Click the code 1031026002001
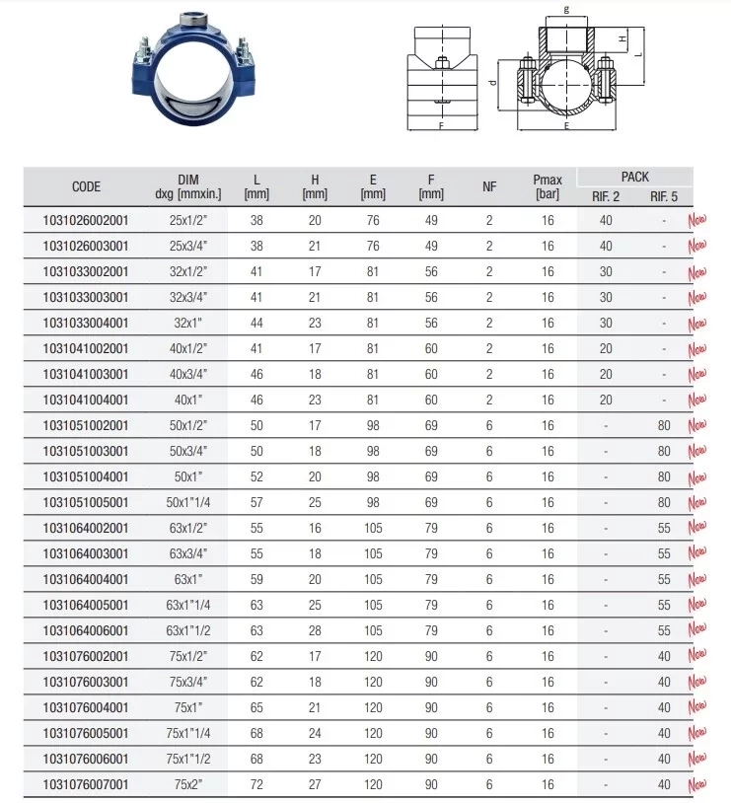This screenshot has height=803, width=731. click(x=86, y=221)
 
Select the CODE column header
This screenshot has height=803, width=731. click(x=86, y=186)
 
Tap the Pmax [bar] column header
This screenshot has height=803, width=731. click(x=548, y=186)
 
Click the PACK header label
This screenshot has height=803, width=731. click(x=634, y=178)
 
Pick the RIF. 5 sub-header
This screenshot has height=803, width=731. click(x=664, y=196)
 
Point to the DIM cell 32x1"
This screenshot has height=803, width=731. click(x=188, y=324)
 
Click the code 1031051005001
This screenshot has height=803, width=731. click(x=86, y=502)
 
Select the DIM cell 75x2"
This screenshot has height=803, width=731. click(x=188, y=784)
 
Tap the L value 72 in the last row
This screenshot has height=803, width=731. click(x=256, y=784)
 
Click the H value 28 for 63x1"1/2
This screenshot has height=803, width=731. click(x=315, y=631)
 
